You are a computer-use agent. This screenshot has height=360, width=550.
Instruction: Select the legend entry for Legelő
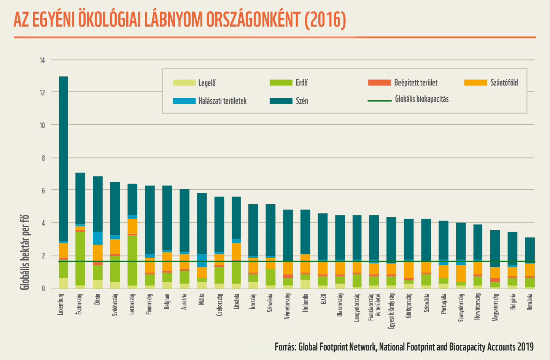tap(207, 83)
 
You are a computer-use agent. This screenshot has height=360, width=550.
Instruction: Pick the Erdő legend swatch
tap(281, 82)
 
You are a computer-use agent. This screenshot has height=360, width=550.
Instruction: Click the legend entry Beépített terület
tap(415, 83)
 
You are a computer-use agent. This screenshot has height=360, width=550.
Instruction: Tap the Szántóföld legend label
tap(504, 83)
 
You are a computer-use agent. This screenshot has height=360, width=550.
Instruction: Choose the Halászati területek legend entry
tap(222, 101)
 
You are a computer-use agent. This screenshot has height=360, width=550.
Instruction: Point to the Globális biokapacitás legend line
tap(380, 101)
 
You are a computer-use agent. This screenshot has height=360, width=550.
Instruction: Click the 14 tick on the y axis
tap(42, 60)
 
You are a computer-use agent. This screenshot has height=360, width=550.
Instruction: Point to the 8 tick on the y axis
tap(43, 158)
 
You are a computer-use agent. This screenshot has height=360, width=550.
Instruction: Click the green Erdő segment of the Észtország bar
tap(80, 259)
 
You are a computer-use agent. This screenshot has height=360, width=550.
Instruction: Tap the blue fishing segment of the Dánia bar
tap(98, 238)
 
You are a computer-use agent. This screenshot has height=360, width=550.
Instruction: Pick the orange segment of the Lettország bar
tap(132, 226)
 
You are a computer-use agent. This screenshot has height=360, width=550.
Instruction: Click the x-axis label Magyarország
tap(495, 307)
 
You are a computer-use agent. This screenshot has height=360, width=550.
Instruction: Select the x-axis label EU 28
tap(323, 302)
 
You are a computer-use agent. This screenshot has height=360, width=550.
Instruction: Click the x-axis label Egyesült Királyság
tap(391, 310)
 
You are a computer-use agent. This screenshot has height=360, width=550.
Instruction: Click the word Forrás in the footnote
tap(285, 347)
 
